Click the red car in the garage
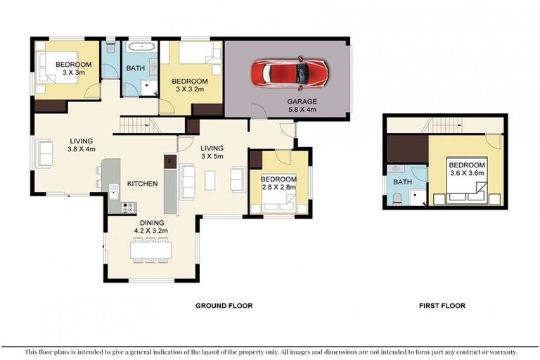289,73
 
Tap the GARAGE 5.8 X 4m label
302,105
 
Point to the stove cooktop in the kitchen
129,207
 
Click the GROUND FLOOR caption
224,306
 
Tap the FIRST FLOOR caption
442,306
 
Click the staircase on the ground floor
136,125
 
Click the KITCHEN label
141,184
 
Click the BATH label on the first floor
402,182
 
